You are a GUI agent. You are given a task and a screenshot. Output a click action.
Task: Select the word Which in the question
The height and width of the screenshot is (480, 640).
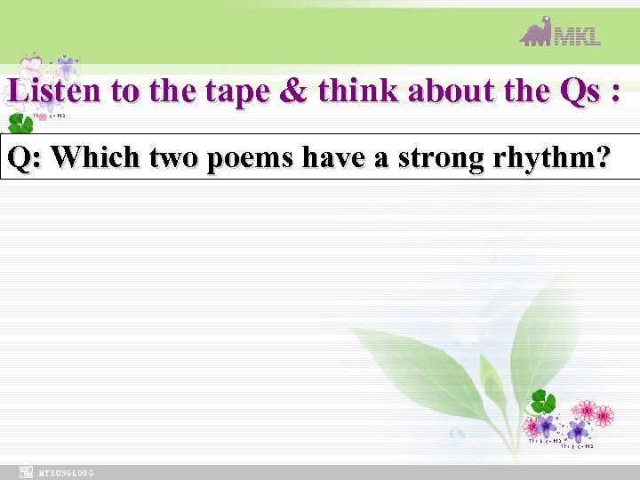click(x=95, y=157)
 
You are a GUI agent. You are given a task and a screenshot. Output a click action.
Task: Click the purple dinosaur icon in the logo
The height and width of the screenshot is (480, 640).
click(x=536, y=33)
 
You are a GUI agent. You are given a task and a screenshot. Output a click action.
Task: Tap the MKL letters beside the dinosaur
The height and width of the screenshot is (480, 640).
click(x=577, y=36)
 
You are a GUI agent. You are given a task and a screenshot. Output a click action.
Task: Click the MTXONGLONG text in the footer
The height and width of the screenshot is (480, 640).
click(x=66, y=473)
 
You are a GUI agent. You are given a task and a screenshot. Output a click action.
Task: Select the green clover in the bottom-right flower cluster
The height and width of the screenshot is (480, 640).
click(x=541, y=401)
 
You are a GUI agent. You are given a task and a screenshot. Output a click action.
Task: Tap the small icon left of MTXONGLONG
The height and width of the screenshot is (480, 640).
click(x=27, y=473)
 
